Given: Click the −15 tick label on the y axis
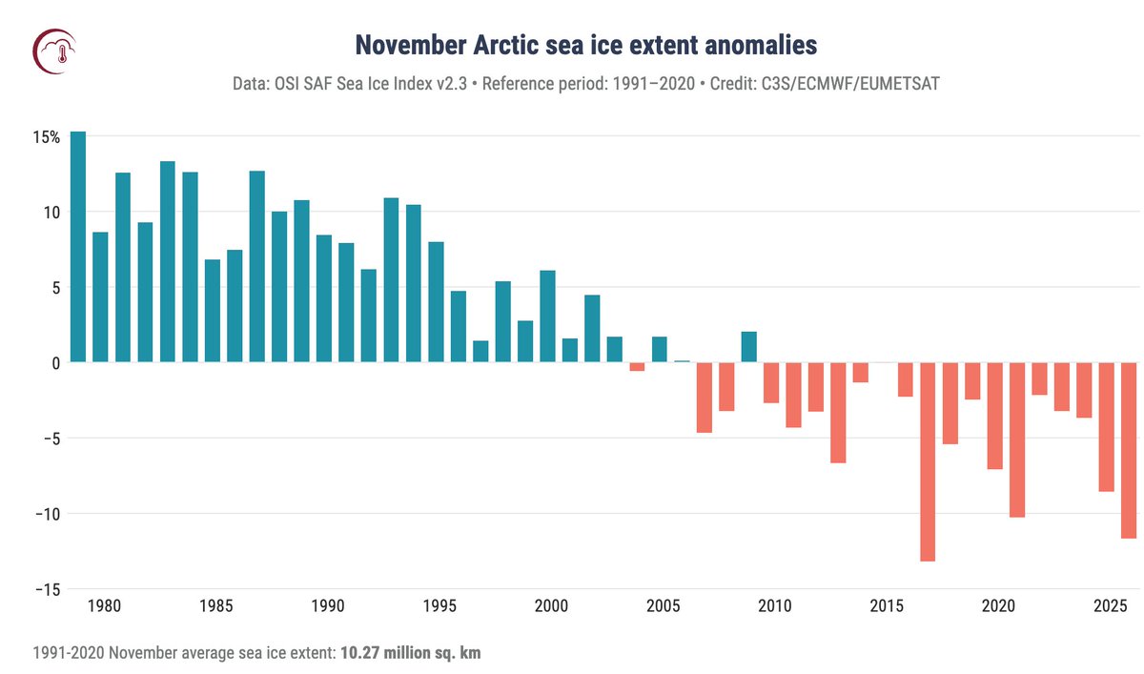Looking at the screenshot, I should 43,589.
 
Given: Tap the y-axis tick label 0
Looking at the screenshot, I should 55,363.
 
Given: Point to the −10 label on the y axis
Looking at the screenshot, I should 43,514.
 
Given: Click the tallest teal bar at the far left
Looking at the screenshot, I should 78,247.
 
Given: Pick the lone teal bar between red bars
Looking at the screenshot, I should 749,347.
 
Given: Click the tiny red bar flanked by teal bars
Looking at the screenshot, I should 637,367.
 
